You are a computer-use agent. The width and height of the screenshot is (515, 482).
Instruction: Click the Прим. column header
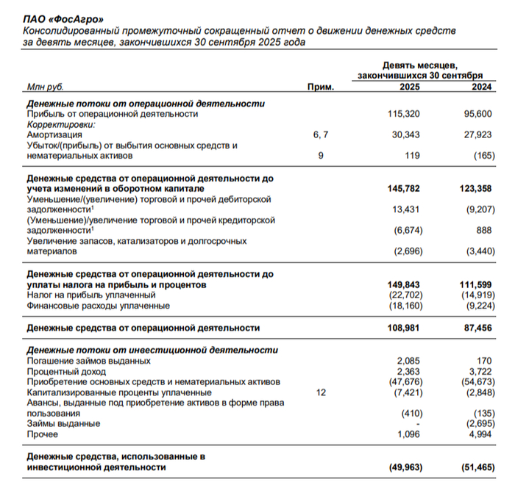(x=321, y=87)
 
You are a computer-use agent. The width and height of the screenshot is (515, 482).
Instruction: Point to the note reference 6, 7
(x=321, y=135)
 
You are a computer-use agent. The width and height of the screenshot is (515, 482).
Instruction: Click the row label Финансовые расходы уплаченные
(x=98, y=305)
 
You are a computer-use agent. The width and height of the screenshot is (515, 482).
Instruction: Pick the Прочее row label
(x=43, y=435)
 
